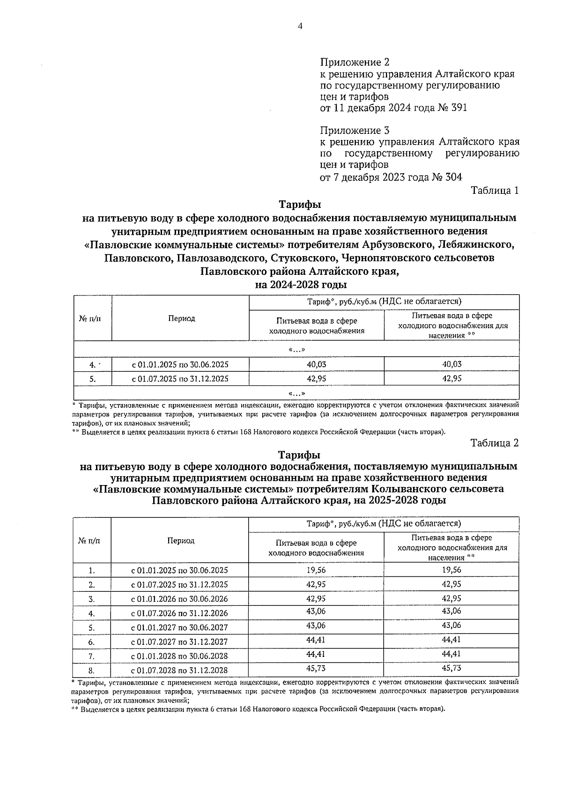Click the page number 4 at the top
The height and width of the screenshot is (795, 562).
point(300,27)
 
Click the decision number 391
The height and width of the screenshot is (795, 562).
point(458,108)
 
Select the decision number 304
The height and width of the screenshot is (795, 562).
point(453,177)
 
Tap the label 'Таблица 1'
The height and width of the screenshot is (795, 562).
point(495,191)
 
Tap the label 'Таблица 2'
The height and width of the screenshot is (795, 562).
point(495,443)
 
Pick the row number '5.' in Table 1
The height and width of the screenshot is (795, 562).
point(93,379)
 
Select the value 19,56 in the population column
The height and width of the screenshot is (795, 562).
point(451,570)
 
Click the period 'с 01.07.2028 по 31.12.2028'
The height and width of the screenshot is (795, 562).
point(180,670)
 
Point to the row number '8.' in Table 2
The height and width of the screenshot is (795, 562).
point(92,670)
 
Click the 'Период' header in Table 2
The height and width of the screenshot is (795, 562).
point(181,541)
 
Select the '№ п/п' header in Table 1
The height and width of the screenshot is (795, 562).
point(89,319)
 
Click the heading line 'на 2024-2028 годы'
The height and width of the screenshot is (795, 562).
point(300,285)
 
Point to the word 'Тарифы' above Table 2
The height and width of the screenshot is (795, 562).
point(299,455)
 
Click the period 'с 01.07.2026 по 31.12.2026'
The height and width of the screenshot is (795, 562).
point(180,613)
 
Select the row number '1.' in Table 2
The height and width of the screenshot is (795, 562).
point(92,571)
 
